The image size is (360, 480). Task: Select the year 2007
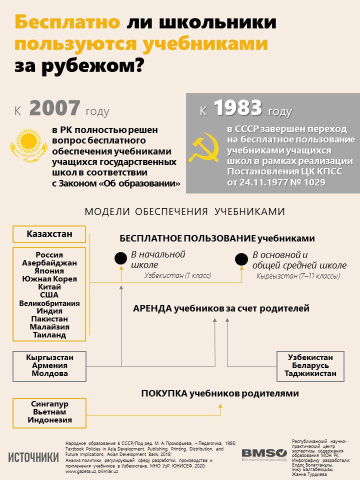click(54, 108)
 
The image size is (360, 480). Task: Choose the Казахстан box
click(49, 234)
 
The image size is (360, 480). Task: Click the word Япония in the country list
click(49, 270)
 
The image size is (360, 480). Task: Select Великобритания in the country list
click(49, 303)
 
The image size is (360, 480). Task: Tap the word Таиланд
click(49, 335)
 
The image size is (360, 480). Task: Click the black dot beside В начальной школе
click(120, 258)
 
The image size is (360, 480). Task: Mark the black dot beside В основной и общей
click(241, 259)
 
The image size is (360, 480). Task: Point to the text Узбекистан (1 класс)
click(177, 275)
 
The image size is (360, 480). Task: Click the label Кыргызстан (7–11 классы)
click(298, 276)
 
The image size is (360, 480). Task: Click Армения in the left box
click(49, 365)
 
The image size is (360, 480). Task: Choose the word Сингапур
click(49, 403)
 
